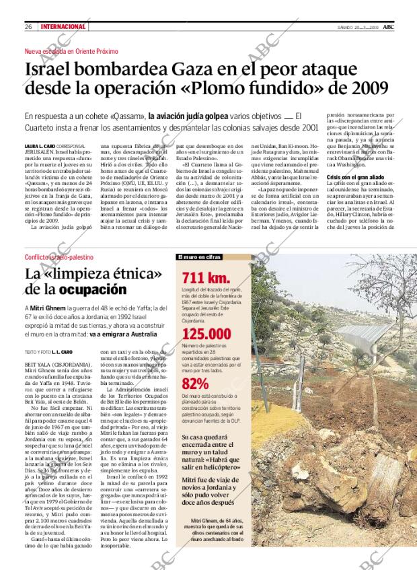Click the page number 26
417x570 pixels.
point(29,26)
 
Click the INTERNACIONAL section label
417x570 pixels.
point(63,26)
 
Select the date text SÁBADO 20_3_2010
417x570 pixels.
point(363,26)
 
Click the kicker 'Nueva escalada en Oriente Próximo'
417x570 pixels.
point(71,51)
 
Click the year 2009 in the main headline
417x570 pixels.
point(366,88)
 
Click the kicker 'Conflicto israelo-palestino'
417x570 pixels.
point(59,258)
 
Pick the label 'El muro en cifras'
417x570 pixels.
point(199,257)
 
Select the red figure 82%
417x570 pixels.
point(195,384)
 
